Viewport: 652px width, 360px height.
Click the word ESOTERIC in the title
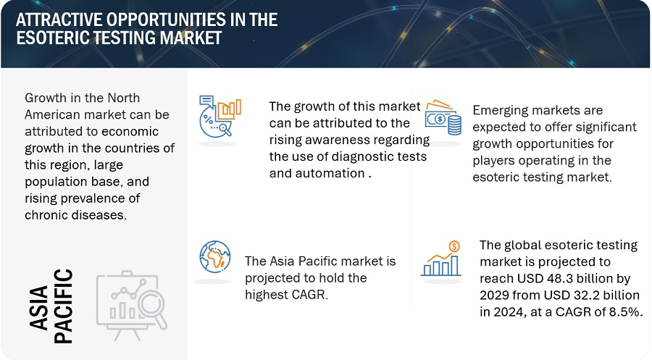pyautogui.click(x=53, y=38)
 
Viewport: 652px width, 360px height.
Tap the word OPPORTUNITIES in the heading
pyautogui.click(x=165, y=20)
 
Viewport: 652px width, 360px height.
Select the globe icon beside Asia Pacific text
pyautogui.click(x=214, y=256)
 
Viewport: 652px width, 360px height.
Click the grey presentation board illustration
pyautogui.click(x=132, y=306)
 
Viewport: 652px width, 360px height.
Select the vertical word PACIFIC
pyautogui.click(x=64, y=306)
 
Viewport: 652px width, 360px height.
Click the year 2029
pyautogui.click(x=494, y=295)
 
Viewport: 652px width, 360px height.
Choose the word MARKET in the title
pyautogui.click(x=191, y=38)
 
